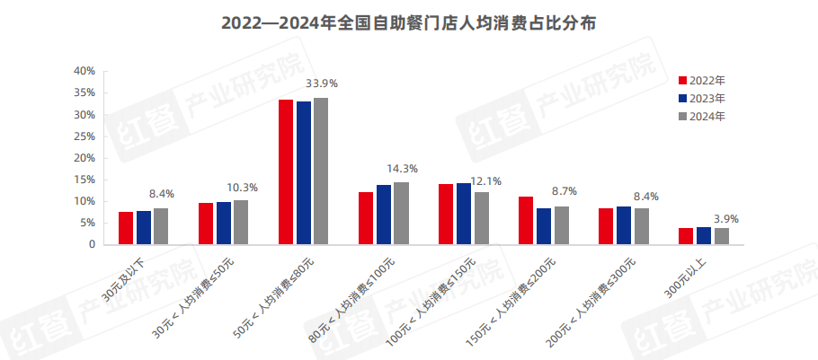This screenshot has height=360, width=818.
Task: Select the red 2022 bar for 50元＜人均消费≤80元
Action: [286, 171]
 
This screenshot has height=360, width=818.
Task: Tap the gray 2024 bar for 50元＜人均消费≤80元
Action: [321, 171]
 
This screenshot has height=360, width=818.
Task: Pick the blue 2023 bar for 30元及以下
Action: [144, 227]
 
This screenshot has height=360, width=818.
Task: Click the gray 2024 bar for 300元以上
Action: [721, 236]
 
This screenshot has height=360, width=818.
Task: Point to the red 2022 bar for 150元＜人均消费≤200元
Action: [526, 220]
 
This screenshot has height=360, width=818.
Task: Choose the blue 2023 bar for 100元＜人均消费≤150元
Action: [464, 214]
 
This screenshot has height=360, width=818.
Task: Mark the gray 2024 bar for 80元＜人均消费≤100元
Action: [401, 213]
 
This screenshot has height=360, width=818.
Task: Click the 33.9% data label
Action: [322, 83]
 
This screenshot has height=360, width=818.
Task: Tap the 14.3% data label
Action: [402, 168]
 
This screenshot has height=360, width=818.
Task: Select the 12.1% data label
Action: [482, 179]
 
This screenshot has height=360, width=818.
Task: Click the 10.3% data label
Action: [242, 188]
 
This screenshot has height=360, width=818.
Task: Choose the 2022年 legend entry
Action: [707, 80]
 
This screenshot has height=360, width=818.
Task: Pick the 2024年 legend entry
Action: [707, 116]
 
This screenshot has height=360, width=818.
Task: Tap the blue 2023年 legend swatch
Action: [682, 98]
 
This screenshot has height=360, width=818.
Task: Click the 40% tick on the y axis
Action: [84, 71]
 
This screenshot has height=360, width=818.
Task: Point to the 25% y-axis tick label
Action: [84, 136]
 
